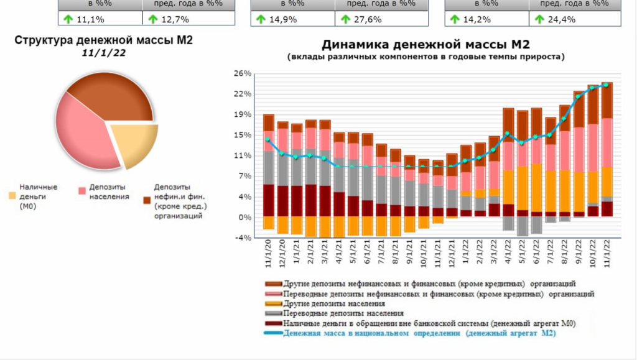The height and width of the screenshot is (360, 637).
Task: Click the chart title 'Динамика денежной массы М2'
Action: point(425,45)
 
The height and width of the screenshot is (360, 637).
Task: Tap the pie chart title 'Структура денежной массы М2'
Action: point(104,40)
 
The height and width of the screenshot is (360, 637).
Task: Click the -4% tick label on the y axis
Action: point(243,238)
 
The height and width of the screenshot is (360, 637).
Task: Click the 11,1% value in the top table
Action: point(90,19)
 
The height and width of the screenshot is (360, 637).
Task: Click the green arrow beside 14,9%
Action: point(261,19)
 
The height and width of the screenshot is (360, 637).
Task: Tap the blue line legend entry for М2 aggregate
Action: point(419,333)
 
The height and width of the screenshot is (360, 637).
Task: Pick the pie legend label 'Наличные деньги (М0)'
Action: point(39,196)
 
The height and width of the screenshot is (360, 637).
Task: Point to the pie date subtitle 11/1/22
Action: point(104,53)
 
